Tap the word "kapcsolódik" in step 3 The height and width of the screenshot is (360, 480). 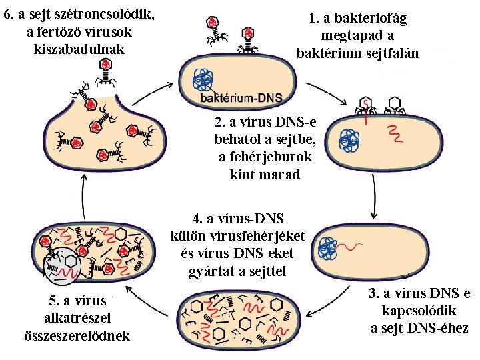419,311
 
